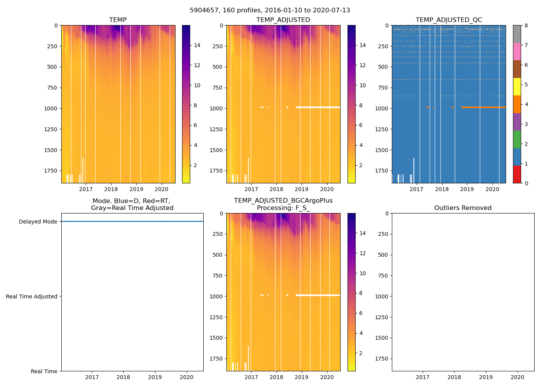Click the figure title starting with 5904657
[x=270, y=10]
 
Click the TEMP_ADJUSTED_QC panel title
[x=449, y=20]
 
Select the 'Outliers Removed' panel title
[x=463, y=208]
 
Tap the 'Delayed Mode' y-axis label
[x=38, y=222]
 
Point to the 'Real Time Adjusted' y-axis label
[x=31, y=296]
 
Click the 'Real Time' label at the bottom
[x=44, y=371]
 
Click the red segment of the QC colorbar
[x=517, y=174]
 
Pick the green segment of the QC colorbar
[x=517, y=139]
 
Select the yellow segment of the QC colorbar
[x=517, y=87]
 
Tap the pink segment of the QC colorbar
[x=517, y=51]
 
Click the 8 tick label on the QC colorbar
[x=526, y=25]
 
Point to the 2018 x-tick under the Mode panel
[x=123, y=377]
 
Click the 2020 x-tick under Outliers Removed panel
[x=518, y=377]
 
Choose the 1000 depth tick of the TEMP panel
[x=51, y=108]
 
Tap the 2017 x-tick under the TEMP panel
[x=86, y=189]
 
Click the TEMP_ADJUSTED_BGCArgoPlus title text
[x=283, y=201]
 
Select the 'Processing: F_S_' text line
[x=283, y=208]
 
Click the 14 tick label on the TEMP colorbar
[x=197, y=45]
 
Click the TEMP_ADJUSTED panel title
[x=283, y=20]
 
